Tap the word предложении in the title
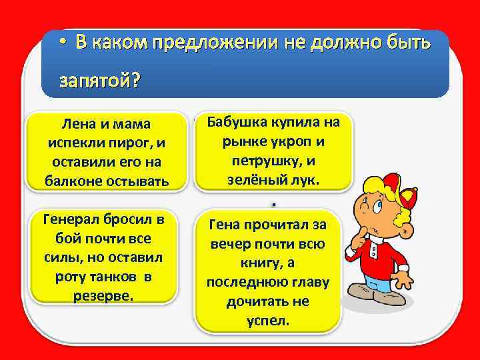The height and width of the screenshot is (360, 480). (x=204, y=43)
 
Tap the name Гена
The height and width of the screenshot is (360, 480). (x=227, y=225)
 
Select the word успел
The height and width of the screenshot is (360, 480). (x=268, y=320)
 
